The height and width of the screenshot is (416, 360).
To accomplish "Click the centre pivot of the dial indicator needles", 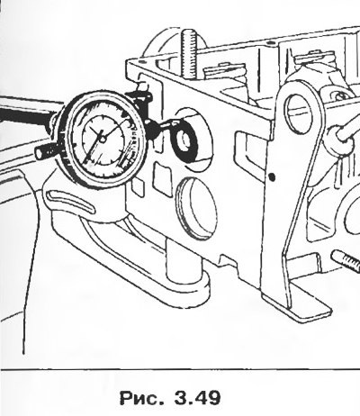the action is [103, 140].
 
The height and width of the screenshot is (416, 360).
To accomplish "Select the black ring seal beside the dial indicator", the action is [183, 140].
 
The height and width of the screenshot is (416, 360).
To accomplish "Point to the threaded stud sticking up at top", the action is [189, 54].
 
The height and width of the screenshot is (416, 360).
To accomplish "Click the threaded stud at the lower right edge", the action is [346, 260].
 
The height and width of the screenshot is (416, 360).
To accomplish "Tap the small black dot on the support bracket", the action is [272, 177].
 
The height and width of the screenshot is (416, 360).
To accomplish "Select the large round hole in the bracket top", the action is [298, 113].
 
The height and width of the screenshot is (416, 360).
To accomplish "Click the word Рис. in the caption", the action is [141, 398].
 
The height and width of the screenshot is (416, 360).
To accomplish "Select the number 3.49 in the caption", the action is [196, 398].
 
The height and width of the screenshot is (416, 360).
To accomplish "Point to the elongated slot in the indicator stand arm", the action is [71, 202].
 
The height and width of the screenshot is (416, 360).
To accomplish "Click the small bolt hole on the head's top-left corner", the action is [141, 62].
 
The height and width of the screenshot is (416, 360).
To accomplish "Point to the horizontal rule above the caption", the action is [180, 370].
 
